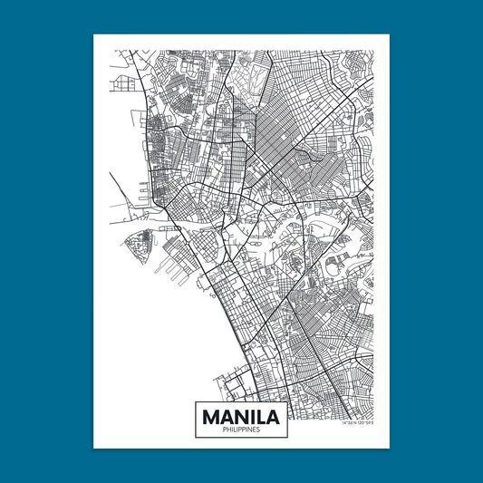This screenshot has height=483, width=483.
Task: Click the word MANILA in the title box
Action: coord(241,417)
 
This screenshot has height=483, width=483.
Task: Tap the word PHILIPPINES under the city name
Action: coord(241,430)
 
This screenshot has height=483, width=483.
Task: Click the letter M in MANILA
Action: coord(212,417)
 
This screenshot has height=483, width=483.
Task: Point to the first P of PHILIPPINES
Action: coord(223,430)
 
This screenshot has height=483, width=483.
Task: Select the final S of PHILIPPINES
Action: coord(259,430)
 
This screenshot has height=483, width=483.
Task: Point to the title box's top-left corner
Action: coord(196,399)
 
